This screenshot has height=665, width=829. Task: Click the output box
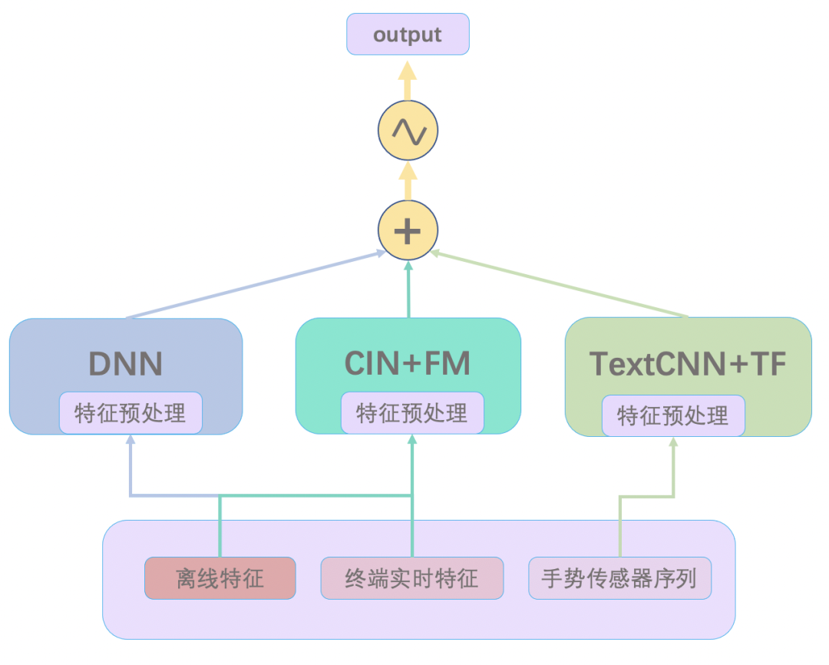(x=408, y=35)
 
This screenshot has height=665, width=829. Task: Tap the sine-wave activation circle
(x=408, y=131)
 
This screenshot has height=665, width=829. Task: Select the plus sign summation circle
(x=408, y=230)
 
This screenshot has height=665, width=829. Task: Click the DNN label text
(x=125, y=363)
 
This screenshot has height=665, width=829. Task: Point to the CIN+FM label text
(x=408, y=363)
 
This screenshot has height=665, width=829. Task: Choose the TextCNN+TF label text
(x=688, y=363)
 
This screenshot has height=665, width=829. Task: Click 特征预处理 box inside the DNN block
(x=130, y=413)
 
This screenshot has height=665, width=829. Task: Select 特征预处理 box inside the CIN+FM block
(x=412, y=413)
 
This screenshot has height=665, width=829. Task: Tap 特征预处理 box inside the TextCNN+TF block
(x=673, y=415)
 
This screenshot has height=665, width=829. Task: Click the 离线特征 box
(x=220, y=578)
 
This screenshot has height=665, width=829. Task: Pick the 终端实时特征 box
(x=412, y=578)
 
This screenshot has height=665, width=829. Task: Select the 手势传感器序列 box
(x=619, y=578)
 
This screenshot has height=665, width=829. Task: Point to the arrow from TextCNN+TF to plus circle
(x=560, y=284)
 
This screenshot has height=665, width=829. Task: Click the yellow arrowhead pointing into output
(x=408, y=71)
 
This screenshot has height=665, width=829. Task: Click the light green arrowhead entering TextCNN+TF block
(x=673, y=442)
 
